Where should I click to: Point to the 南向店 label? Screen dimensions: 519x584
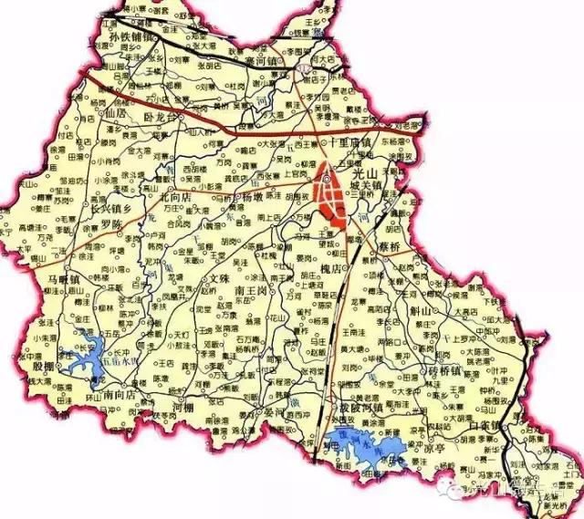tap(122, 397)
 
